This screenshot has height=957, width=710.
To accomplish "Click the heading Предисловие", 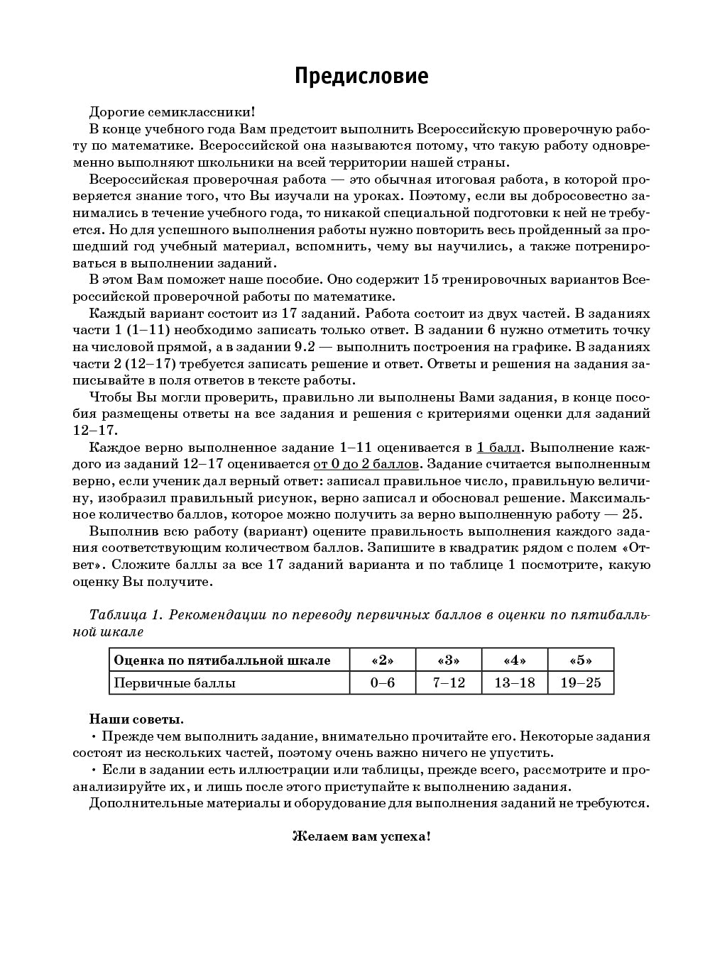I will (361, 76).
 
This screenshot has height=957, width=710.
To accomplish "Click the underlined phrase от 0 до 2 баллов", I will (366, 464).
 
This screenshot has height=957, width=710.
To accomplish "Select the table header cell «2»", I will (383, 660).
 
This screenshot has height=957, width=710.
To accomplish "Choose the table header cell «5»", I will (580, 660).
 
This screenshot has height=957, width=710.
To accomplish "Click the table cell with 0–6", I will (383, 683).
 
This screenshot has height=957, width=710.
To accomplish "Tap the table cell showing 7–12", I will (448, 683).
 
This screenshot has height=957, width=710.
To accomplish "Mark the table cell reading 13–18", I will (514, 683).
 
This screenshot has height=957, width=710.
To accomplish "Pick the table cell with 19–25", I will (580, 683).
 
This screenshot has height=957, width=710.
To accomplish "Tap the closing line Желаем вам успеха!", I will (361, 836).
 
